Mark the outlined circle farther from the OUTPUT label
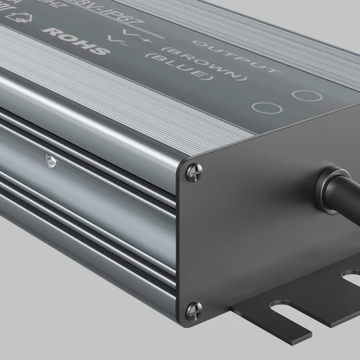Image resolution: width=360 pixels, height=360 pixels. (x=263, y=108)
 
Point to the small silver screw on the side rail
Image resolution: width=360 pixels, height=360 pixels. (x=50, y=160)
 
